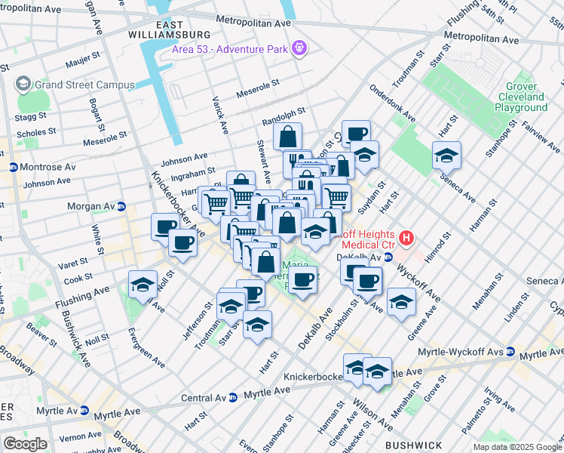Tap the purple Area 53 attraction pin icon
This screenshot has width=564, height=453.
tap(300, 48)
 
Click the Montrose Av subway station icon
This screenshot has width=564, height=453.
tap(13, 167)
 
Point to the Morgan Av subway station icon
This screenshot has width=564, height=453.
tap(121, 206)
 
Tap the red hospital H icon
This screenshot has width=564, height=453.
tap(407, 238)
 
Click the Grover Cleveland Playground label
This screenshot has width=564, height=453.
tap(521, 97)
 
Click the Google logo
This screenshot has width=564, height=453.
tap(25, 444)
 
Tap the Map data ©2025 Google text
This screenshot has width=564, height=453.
tap(518, 447)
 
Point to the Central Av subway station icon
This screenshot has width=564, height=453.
tap(234, 397)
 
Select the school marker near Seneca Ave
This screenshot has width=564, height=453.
tap(446, 156)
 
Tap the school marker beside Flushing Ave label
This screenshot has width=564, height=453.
tap(143, 285)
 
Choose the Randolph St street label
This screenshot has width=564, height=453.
tap(283, 116)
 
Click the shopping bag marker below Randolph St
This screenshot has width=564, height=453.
tap(287, 137)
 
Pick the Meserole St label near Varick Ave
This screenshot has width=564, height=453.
tap(259, 88)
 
